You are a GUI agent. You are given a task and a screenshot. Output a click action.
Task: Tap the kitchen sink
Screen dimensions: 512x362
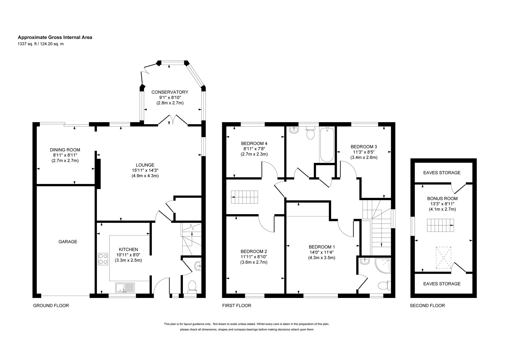[x=125, y=288]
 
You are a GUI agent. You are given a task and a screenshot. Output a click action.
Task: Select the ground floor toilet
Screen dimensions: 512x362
[x=192, y=286]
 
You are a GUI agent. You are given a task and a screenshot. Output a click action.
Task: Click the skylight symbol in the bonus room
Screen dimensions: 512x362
[x=444, y=257]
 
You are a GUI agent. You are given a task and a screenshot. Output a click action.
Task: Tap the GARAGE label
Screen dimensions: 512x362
[x=68, y=242]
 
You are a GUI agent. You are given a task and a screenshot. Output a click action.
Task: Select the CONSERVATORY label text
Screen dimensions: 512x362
[x=170, y=92]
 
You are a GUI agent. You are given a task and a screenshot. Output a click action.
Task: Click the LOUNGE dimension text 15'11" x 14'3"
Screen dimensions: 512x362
[x=145, y=170]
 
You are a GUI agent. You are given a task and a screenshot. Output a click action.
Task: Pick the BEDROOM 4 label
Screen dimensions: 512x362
[x=254, y=143]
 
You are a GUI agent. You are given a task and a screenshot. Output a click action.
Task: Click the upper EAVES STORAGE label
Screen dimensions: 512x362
[x=442, y=173]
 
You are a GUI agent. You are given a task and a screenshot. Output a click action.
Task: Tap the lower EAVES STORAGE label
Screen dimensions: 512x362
[x=442, y=284]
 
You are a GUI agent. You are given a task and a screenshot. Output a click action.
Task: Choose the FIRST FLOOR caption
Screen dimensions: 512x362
[x=237, y=306]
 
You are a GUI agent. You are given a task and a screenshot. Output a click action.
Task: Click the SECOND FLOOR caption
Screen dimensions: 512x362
[x=427, y=306]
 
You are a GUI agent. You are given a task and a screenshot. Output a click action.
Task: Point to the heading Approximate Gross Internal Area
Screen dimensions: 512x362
[x=55, y=37]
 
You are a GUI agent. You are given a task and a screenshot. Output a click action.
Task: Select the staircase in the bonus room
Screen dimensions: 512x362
[x=440, y=226]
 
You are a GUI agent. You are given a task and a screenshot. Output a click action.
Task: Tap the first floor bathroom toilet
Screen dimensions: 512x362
[x=310, y=133]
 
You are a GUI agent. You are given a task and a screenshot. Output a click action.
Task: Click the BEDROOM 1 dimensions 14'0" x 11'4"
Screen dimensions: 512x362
[x=322, y=252]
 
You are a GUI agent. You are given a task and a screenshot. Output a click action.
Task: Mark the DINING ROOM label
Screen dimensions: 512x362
[x=65, y=150]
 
